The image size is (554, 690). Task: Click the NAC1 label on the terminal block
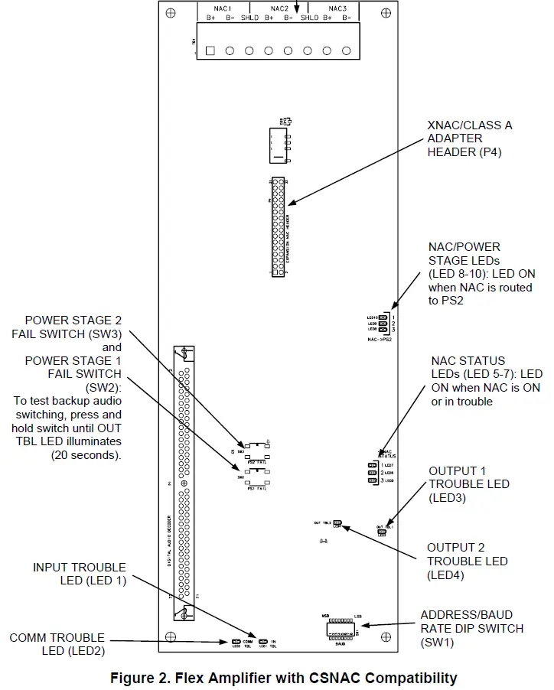(x=222, y=8)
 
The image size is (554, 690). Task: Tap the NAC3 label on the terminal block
(x=337, y=8)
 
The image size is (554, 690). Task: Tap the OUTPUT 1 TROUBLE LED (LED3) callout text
(x=469, y=484)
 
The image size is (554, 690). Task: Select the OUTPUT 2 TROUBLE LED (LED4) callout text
(x=468, y=561)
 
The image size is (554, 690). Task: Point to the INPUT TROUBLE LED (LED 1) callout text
(x=79, y=574)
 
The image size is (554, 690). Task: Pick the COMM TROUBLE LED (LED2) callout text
(x=57, y=644)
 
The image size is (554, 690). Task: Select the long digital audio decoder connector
(x=184, y=483)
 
